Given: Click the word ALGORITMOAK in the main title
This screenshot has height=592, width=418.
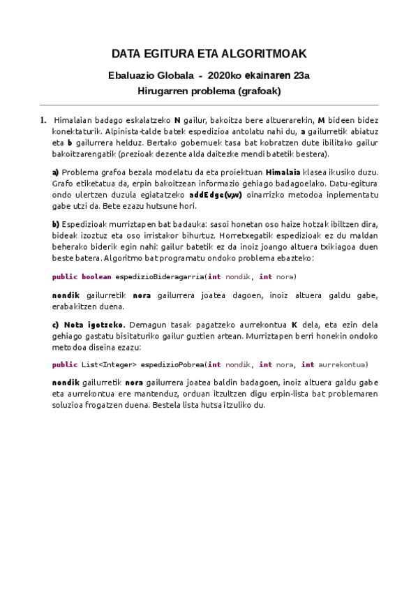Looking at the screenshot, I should point(267,54).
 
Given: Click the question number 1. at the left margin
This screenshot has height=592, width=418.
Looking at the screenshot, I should point(43,120).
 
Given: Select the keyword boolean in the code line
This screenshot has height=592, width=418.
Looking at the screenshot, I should point(96,277).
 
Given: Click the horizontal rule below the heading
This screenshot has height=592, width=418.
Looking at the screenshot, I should point(209,105).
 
